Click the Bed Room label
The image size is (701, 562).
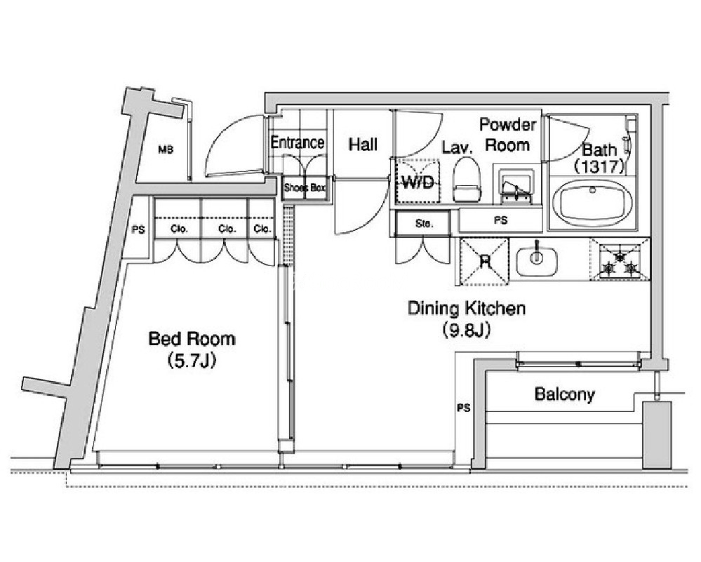(192, 338)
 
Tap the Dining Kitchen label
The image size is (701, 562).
(467, 309)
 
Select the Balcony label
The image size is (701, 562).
(565, 394)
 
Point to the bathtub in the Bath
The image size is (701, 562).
(593, 204)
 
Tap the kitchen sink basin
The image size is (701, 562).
(537, 259)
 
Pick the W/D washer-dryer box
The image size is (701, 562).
(418, 181)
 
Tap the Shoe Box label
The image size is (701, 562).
(305, 188)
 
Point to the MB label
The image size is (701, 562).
(166, 149)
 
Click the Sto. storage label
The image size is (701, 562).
(424, 223)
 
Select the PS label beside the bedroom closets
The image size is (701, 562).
(139, 229)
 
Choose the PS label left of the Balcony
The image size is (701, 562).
(464, 408)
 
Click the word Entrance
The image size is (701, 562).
(298, 142)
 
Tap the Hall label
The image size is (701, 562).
(363, 145)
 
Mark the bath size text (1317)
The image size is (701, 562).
(599, 167)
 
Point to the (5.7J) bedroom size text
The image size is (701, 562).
(192, 360)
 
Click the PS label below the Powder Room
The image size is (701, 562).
(501, 220)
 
